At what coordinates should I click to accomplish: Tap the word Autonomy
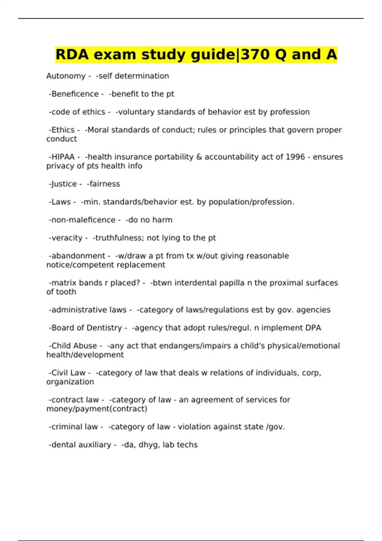click(66, 76)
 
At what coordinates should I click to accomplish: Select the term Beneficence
click(75, 94)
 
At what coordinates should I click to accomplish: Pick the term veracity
click(67, 238)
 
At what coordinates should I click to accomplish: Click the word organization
click(70, 382)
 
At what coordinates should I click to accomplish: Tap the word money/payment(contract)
click(97, 409)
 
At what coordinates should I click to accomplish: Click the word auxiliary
click(95, 445)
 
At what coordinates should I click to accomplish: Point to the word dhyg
click(148, 445)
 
